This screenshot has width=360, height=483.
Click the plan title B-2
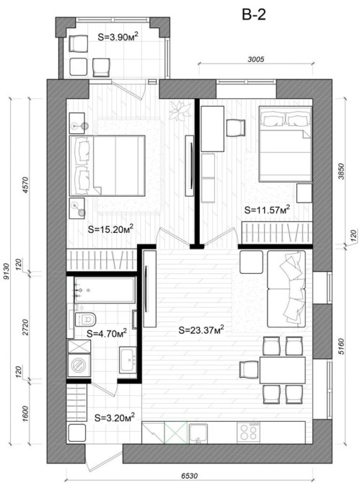(254, 14)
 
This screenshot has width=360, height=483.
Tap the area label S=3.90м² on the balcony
(118, 37)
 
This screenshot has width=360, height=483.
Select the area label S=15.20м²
(110, 229)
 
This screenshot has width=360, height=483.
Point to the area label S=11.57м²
(267, 210)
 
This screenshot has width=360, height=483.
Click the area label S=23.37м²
(201, 330)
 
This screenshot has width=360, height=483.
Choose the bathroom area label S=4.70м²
(107, 333)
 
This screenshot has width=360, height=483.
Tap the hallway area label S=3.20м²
(115, 417)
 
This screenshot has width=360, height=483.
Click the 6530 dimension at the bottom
(189, 476)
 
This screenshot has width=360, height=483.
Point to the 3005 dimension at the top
(256, 59)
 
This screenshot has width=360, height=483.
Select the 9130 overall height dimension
(6, 271)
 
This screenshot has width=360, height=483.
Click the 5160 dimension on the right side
(341, 346)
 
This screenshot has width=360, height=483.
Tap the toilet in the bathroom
(85, 319)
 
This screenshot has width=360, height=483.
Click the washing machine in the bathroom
(79, 365)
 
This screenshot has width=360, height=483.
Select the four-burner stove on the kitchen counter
(248, 432)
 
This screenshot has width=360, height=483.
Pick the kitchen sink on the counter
(198, 433)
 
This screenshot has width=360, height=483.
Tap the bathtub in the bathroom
(105, 290)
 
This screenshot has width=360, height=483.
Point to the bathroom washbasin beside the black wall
(128, 360)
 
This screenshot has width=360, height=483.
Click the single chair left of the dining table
(249, 369)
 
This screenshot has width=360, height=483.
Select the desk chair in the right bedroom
(236, 128)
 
